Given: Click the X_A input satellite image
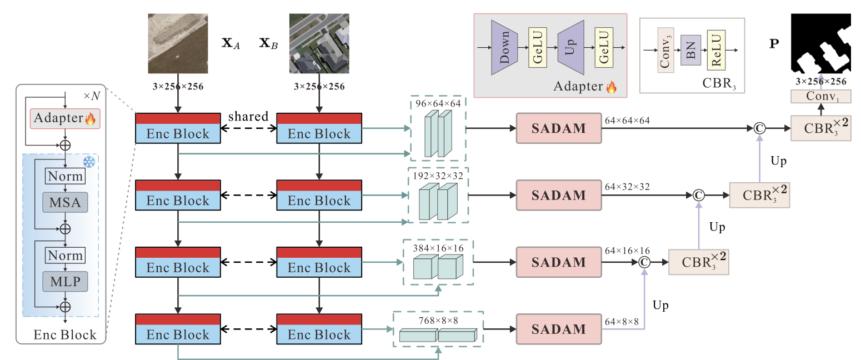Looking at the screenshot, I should (178, 43).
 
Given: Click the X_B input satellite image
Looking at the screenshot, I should (319, 43).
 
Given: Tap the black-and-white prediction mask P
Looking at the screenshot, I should (820, 43).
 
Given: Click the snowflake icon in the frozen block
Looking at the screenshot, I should (89, 162).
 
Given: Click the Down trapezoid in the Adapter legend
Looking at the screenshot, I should (504, 47).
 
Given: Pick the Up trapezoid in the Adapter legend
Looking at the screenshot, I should (570, 47).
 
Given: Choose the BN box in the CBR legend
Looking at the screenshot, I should (690, 52).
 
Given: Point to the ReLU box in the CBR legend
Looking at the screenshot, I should (715, 52).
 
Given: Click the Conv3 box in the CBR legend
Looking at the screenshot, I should (666, 52).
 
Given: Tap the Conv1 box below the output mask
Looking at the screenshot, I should (820, 97).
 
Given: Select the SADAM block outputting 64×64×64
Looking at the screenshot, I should (559, 128).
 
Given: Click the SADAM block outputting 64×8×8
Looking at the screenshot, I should (559, 329).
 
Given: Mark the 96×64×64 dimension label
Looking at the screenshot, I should (438, 103).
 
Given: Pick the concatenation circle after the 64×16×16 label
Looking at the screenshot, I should (644, 262).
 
